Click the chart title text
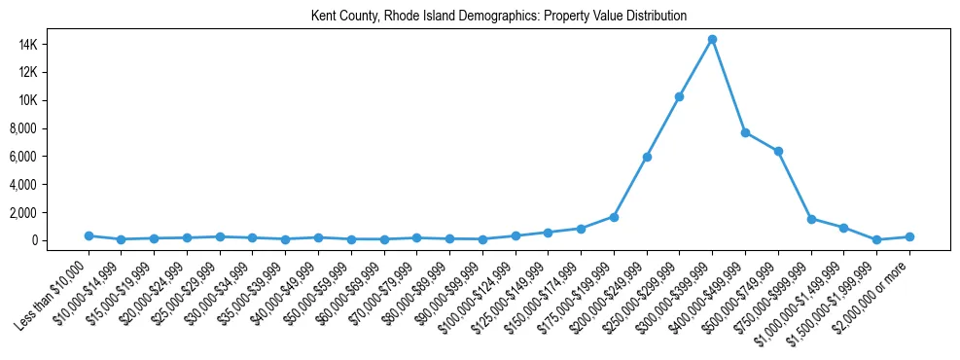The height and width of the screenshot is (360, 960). point(498,16)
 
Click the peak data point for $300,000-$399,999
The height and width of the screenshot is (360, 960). point(712,39)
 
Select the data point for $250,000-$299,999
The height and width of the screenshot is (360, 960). point(679,96)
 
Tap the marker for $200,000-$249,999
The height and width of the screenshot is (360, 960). point(647,157)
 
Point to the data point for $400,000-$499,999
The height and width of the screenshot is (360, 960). point(745,132)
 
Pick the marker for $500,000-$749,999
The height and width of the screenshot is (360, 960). point(778,151)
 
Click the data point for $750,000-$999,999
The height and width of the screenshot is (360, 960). point(811,219)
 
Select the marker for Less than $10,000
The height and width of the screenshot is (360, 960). point(89,235)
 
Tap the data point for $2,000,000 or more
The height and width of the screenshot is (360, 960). point(909,236)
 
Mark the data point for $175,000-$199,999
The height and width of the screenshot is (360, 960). point(614,216)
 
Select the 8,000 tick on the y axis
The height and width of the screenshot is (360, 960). point(51,128)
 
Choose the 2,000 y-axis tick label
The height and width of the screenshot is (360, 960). point(51,212)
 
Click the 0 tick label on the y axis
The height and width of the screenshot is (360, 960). point(60,240)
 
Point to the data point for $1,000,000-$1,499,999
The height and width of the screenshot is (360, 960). point(843,228)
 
